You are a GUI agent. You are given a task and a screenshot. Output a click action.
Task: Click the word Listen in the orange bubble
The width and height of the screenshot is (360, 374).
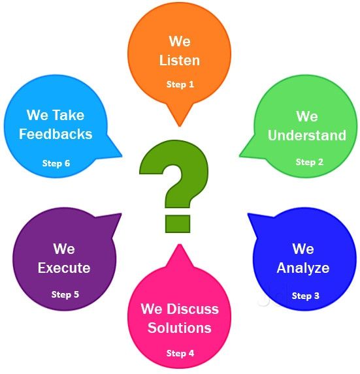(179, 60)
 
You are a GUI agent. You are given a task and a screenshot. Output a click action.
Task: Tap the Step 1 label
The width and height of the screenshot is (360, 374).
(180, 84)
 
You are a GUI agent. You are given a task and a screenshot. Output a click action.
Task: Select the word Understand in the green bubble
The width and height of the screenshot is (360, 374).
(307, 135)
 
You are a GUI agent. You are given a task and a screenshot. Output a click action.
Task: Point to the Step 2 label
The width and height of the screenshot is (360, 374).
(310, 162)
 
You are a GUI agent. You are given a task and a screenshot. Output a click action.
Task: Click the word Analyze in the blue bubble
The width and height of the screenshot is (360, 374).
(303, 268)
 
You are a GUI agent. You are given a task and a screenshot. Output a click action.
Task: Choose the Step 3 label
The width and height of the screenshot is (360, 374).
(306, 296)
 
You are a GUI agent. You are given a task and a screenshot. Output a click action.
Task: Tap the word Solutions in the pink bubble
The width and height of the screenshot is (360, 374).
(180, 328)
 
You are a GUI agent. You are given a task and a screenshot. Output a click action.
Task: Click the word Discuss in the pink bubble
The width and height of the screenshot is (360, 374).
(193, 309)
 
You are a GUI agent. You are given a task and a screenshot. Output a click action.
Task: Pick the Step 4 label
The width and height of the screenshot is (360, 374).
(180, 353)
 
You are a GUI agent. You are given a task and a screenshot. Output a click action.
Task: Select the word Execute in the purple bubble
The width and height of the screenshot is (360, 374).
(64, 268)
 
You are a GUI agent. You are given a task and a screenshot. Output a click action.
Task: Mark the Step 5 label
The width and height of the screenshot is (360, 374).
(65, 294)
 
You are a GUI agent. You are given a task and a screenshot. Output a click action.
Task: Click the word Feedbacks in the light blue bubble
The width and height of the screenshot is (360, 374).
(56, 134)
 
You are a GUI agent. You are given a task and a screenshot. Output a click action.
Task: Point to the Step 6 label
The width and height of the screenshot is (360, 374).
(56, 163)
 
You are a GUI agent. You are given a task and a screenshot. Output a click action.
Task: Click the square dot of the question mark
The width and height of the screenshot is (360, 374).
(178, 224)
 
